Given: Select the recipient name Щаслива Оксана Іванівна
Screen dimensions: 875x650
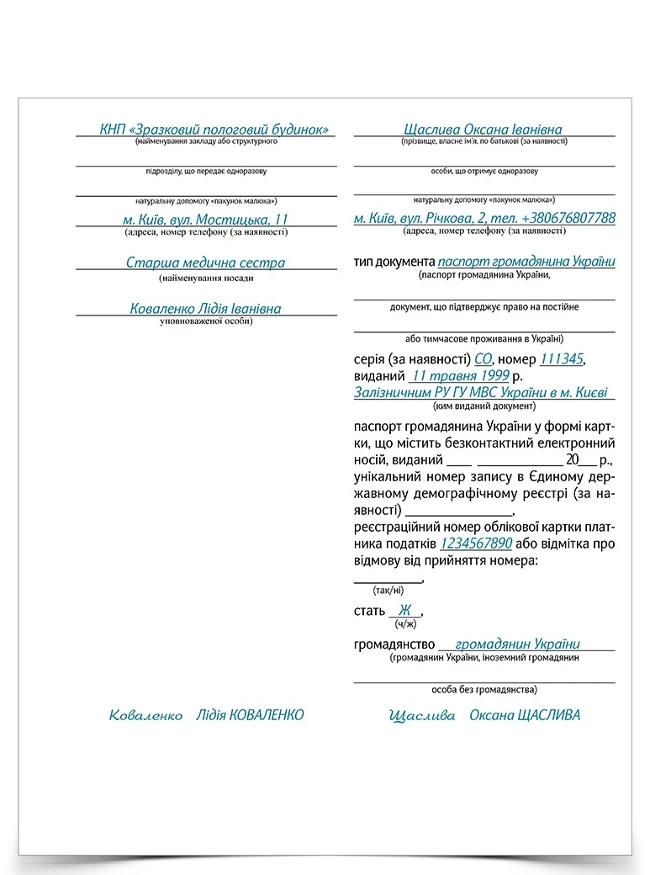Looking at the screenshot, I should [x=483, y=130].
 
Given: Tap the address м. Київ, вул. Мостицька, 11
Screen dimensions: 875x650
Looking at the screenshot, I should [x=205, y=219].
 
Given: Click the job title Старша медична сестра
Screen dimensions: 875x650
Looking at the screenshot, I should [x=205, y=262].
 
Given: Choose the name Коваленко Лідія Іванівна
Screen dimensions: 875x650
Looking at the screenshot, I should [x=205, y=309].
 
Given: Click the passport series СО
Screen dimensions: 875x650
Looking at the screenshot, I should [x=484, y=359].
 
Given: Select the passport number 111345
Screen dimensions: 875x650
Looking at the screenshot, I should [x=561, y=359].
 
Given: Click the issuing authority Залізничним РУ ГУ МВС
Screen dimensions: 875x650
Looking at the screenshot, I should [x=483, y=392].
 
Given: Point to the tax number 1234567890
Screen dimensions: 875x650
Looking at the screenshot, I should [x=476, y=544].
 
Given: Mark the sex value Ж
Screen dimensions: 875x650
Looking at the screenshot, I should [x=405, y=610].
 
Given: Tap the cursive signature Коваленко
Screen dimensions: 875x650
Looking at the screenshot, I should [x=145, y=715].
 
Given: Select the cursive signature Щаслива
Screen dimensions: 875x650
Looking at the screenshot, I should [x=422, y=715].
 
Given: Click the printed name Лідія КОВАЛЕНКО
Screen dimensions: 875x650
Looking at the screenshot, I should [x=249, y=715].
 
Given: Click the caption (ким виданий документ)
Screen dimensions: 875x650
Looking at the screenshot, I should [x=484, y=406].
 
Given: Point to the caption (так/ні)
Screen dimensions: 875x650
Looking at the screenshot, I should [x=388, y=590].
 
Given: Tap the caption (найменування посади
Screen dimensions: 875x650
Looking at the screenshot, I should [x=205, y=278].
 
